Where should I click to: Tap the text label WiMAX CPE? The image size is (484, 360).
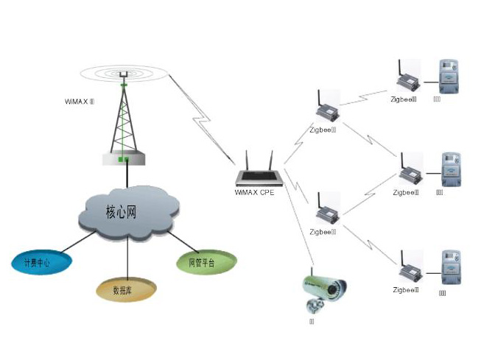254,194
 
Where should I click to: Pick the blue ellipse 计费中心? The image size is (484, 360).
37,262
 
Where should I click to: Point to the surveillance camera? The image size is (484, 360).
323,288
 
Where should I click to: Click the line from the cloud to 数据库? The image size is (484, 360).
128,258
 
